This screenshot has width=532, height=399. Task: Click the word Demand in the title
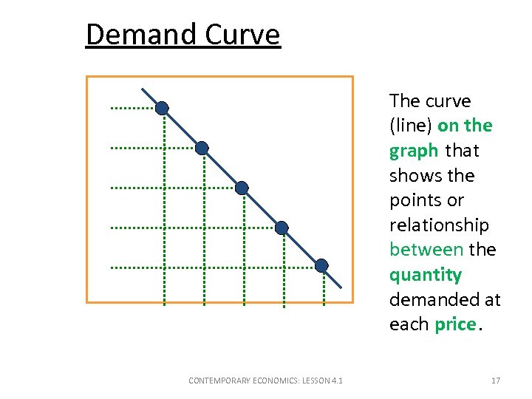pyautogui.click(x=141, y=35)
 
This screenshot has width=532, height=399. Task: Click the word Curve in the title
pyautogui.click(x=243, y=35)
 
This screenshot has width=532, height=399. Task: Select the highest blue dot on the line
pyautogui.click(x=162, y=108)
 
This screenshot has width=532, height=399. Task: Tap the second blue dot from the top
pyautogui.click(x=202, y=148)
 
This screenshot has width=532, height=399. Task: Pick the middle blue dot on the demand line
pyautogui.click(x=242, y=188)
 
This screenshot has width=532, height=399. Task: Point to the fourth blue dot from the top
pyautogui.click(x=282, y=228)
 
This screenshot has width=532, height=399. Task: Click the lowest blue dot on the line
pyautogui.click(x=321, y=266)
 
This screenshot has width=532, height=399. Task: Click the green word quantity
pyautogui.click(x=426, y=275)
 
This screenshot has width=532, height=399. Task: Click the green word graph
pyautogui.click(x=414, y=151)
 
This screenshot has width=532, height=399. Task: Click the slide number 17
pyautogui.click(x=495, y=381)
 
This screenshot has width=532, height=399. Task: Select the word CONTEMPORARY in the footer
pyautogui.click(x=220, y=381)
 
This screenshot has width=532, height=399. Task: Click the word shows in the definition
pyautogui.click(x=414, y=176)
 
